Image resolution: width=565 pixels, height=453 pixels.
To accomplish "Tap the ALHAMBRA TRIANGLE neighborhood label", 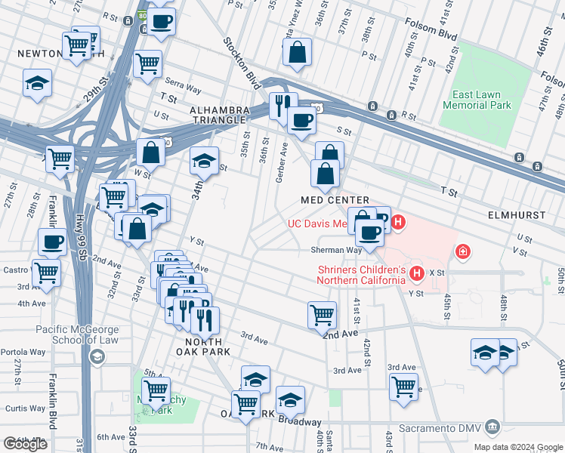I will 218,115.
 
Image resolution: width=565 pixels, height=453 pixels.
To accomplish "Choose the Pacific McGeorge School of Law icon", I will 96,356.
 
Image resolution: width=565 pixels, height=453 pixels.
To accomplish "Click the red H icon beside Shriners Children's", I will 415,273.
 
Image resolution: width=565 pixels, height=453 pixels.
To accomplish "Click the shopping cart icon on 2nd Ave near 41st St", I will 323,313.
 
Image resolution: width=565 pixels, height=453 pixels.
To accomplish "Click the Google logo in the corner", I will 25,444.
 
